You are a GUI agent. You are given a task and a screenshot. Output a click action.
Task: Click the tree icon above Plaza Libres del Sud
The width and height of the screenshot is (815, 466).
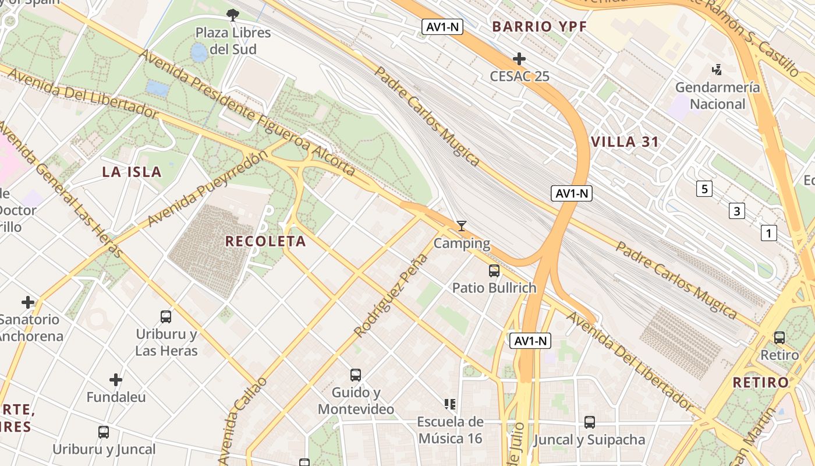pos(233,15)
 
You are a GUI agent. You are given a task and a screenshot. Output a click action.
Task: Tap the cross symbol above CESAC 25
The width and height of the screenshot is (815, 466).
pos(519,59)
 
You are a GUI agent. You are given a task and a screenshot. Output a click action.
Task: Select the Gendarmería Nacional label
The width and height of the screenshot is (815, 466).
pos(717,96)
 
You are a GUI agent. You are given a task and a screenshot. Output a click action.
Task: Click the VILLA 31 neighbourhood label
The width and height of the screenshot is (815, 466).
pos(625,142)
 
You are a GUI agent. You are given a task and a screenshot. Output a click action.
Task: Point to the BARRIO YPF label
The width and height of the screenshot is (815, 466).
pos(539,26)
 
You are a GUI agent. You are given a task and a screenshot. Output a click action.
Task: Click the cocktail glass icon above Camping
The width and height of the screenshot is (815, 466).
pos(462,226)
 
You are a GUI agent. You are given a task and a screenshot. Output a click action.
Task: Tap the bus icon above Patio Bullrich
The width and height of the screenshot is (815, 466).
pos(494,270)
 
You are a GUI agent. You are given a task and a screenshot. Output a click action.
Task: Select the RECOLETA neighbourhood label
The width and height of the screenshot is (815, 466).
pos(265,241)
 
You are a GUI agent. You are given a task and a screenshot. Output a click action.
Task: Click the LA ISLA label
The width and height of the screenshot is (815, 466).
pos(132,172)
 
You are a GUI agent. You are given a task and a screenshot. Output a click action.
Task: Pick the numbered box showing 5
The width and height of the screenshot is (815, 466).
pos(704,189)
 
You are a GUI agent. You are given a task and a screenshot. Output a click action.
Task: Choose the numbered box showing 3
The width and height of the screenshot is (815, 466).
pos(737,211)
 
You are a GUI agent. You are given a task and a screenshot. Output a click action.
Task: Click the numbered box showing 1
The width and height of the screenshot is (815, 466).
pos(769,234)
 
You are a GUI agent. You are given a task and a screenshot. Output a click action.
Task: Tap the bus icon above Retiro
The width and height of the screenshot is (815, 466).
pos(779,337)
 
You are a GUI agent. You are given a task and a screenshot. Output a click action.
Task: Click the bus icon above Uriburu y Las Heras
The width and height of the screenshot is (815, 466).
pos(166,317)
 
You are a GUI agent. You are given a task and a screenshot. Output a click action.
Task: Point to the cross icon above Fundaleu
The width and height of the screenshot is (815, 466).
pos(116,380)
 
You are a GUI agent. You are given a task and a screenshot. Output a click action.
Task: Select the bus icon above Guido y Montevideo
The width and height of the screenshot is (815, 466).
pos(356,375)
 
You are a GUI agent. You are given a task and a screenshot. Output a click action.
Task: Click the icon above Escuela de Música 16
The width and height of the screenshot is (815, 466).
pos(449,404)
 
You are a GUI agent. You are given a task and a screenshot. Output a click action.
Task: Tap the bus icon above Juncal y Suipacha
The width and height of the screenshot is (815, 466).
pos(590,422)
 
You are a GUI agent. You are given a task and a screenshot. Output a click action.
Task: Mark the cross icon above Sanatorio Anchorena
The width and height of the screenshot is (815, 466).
pos(28,302)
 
